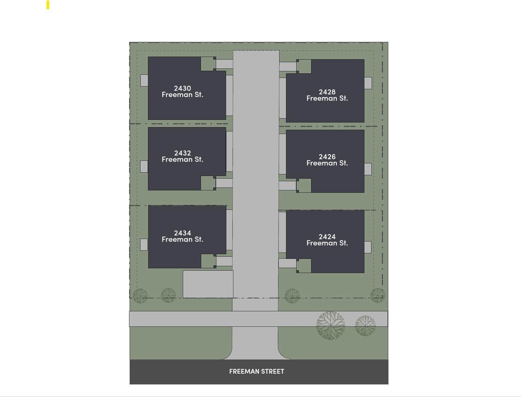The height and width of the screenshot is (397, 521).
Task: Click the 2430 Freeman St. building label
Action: click(x=182, y=91)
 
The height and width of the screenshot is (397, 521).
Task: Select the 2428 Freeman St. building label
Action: click(x=327, y=95)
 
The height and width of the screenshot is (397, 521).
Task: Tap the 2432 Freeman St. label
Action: click(x=182, y=156)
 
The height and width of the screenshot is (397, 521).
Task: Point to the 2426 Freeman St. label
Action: click(x=327, y=160)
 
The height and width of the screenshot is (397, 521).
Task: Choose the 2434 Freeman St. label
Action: click(x=182, y=236)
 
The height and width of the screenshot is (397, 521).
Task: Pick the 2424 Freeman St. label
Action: click(x=327, y=240)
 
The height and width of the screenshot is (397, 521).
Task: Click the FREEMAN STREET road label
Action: click(x=257, y=371)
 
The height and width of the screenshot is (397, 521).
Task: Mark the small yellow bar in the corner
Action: click(x=48, y=5)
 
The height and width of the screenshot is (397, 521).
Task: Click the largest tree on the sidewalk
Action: click(x=331, y=325)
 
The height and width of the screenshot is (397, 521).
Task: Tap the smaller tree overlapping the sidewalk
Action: click(x=365, y=325)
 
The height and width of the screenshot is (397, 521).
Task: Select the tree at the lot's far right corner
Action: click(x=377, y=295)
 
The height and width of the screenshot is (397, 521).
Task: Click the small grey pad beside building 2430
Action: click(x=144, y=81)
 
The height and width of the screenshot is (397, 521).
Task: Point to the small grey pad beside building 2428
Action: click(x=368, y=83)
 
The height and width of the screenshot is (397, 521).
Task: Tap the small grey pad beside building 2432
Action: click(x=144, y=167)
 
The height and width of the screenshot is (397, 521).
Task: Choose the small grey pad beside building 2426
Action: click(x=368, y=169)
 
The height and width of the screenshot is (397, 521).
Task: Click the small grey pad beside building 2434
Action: click(x=144, y=245)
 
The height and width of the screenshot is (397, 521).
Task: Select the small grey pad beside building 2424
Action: click(x=368, y=247)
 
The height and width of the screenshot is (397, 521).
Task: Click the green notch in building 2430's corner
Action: click(x=208, y=64)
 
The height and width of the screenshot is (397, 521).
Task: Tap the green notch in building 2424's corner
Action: click(x=304, y=265)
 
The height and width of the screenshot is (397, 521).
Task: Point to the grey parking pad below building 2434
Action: click(x=208, y=284)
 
